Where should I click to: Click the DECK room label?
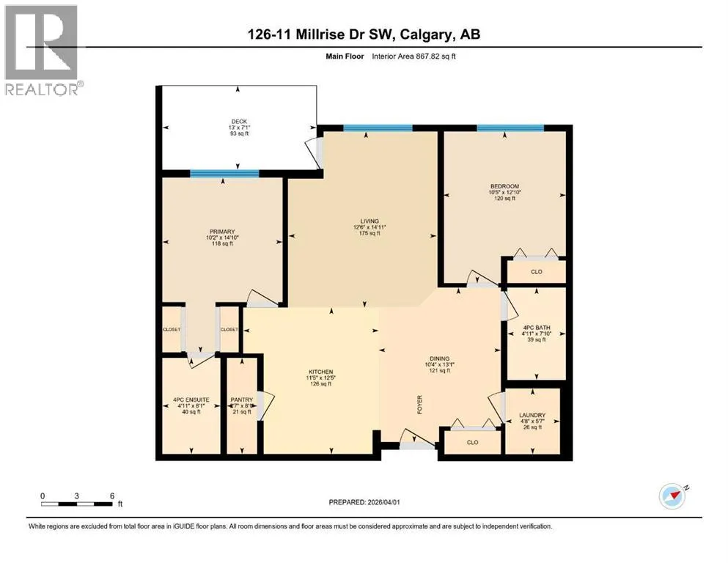pos(239,122)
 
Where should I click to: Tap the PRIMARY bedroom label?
pos(222,232)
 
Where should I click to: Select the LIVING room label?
pos(369,221)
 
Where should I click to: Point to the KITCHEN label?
pos(321,372)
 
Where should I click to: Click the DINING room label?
pos(439,358)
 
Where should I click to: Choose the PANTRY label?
pos(242,400)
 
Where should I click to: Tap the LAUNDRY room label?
pos(532,416)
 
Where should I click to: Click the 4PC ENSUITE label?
pos(191,400)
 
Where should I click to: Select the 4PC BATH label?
pos(536,328)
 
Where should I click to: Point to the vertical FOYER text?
pos(419,404)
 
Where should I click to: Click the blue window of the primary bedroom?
pos(224,174)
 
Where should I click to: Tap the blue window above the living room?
pos(378,128)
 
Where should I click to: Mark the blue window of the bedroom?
pos(510,128)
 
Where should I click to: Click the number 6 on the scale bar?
pos(112,496)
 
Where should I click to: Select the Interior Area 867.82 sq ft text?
pos(413,56)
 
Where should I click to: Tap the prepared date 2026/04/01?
pos(383,502)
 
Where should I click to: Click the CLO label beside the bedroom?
pos(536,272)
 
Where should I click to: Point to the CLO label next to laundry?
pos(472,442)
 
